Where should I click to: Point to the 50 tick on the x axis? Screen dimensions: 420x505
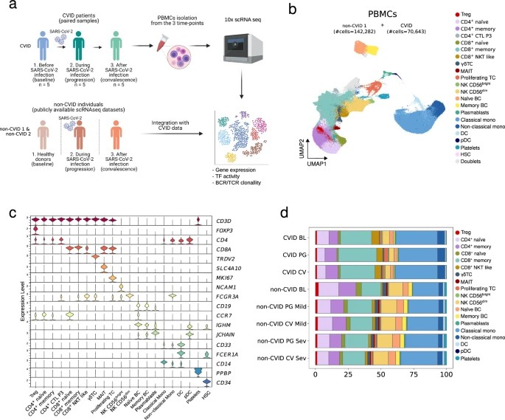(380, 376)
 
